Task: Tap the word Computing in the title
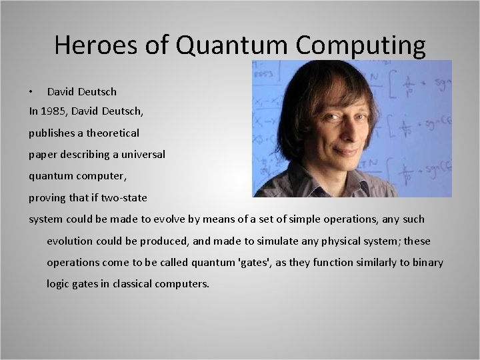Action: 360,45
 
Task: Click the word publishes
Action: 53,133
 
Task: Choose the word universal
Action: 142,155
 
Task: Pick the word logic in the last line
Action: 58,284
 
